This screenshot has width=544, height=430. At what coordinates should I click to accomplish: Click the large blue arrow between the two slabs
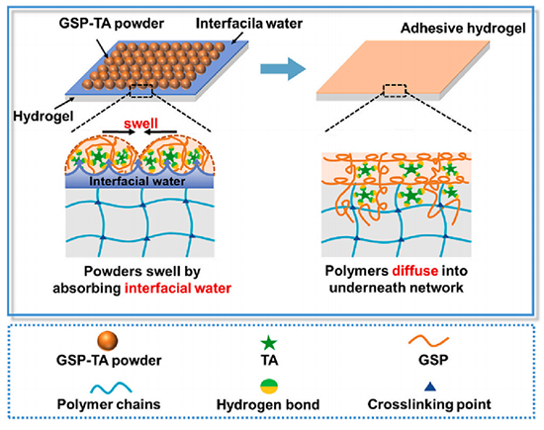(x=283, y=68)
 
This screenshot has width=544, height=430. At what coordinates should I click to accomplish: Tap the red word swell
(x=140, y=124)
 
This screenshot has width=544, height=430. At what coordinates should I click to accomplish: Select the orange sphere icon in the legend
(x=108, y=341)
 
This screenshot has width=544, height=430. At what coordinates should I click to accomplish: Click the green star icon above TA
(x=269, y=343)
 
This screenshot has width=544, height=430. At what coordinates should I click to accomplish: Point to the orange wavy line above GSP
(x=428, y=341)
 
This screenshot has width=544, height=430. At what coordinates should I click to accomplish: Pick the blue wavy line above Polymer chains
(x=111, y=387)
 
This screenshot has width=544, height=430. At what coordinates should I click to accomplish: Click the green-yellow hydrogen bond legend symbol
(x=269, y=387)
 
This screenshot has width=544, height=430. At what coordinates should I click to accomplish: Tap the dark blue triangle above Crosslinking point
(x=430, y=387)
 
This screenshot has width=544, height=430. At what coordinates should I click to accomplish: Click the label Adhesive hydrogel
(x=463, y=28)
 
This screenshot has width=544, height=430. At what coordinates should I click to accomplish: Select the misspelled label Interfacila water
(x=249, y=24)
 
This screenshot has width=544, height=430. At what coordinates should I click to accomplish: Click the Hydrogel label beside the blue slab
(x=43, y=116)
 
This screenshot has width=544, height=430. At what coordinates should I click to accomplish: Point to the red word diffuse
(x=415, y=271)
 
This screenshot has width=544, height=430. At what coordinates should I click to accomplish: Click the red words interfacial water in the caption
(x=178, y=289)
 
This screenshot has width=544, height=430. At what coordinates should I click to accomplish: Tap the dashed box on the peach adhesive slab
(x=395, y=90)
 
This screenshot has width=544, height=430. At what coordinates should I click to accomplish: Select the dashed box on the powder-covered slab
(x=141, y=91)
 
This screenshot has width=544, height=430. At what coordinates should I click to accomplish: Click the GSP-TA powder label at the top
(x=112, y=24)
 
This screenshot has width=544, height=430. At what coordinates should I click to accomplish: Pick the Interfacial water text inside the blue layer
(x=137, y=181)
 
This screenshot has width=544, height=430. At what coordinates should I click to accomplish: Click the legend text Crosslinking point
(x=429, y=404)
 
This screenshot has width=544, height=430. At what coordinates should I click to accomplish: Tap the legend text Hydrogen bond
(x=268, y=404)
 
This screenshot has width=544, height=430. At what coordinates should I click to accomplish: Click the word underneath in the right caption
(x=370, y=288)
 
